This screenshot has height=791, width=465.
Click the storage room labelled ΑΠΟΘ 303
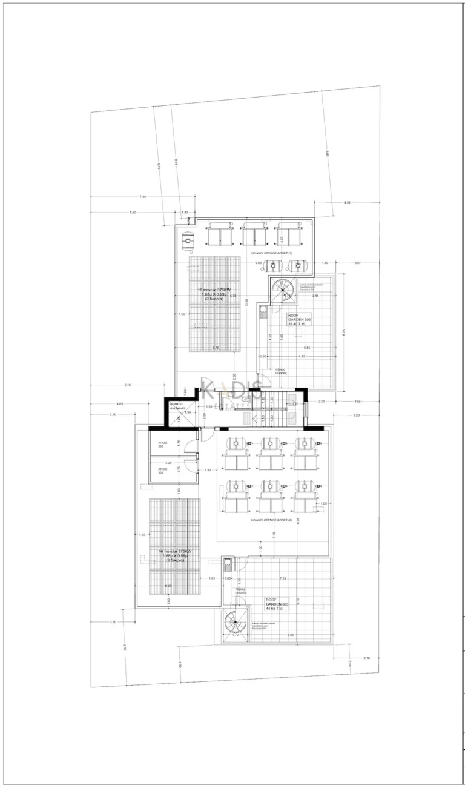[x=163, y=444]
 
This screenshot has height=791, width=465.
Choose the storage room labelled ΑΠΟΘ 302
[x=163, y=471]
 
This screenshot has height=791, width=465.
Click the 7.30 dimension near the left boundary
[x=142, y=197]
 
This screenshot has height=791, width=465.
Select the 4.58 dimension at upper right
[x=347, y=202]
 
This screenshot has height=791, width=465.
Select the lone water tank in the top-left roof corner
[x=187, y=240]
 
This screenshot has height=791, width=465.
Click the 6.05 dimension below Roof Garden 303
[x=291, y=635]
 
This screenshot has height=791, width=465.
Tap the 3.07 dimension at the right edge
[x=358, y=263]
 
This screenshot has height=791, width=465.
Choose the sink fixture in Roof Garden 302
[x=262, y=313]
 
